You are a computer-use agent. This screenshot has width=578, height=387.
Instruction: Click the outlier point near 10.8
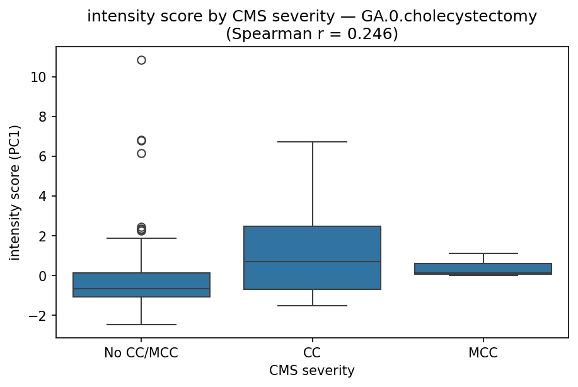[x=141, y=61]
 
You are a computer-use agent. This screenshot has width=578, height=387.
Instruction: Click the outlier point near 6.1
[x=141, y=153]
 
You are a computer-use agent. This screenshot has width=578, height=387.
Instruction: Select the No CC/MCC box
[x=141, y=284]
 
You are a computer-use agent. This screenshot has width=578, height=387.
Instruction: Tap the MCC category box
[x=483, y=269]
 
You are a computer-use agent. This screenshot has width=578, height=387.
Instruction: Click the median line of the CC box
[x=312, y=262]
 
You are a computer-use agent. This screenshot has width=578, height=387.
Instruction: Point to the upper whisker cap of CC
[x=312, y=142]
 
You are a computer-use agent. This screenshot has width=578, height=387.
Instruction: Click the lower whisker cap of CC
[x=312, y=306]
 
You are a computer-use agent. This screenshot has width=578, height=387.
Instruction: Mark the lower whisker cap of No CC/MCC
[x=141, y=325]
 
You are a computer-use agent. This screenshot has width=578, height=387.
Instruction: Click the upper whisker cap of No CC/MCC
[x=141, y=238]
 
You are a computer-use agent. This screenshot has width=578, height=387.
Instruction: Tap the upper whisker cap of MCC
[x=483, y=253]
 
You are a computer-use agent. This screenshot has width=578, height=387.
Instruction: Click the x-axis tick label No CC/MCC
[x=141, y=353]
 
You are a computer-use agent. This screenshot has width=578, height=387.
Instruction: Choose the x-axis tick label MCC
[x=483, y=353]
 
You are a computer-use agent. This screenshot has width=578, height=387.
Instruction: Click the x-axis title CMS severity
[x=312, y=371]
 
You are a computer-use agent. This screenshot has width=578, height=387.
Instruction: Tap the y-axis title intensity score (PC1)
[x=14, y=192]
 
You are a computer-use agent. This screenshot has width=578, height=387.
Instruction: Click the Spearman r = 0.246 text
[x=312, y=33]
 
